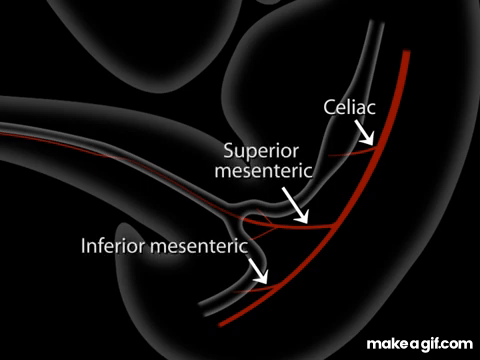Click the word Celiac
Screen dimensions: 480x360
coord(349,107)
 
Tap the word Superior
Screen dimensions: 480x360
coord(261,151)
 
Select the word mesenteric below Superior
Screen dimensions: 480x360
coord(264,171)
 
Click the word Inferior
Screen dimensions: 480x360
coord(113,246)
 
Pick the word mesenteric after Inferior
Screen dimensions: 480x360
coord(199,246)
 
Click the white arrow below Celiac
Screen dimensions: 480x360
coord(364,133)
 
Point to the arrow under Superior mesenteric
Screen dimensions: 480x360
coord(295,205)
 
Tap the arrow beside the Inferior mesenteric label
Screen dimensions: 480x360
coord(258,270)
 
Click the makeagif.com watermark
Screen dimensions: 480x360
coord(420,344)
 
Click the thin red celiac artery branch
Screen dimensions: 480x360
coord(353,153)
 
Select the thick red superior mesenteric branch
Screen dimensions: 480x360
coord(290,226)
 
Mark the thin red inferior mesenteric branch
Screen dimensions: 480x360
coord(255,289)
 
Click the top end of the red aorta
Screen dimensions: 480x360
coord(406,52)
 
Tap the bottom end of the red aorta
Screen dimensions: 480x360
coord(221,324)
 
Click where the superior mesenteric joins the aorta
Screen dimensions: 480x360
coord(333,225)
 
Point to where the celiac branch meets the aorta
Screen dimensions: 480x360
coord(377,149)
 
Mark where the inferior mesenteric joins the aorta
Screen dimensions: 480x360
coord(277,285)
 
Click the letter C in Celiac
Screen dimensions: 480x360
coord(329,108)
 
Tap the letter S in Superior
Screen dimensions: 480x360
coord(228,151)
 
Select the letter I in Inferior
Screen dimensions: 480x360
coord(83,246)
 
